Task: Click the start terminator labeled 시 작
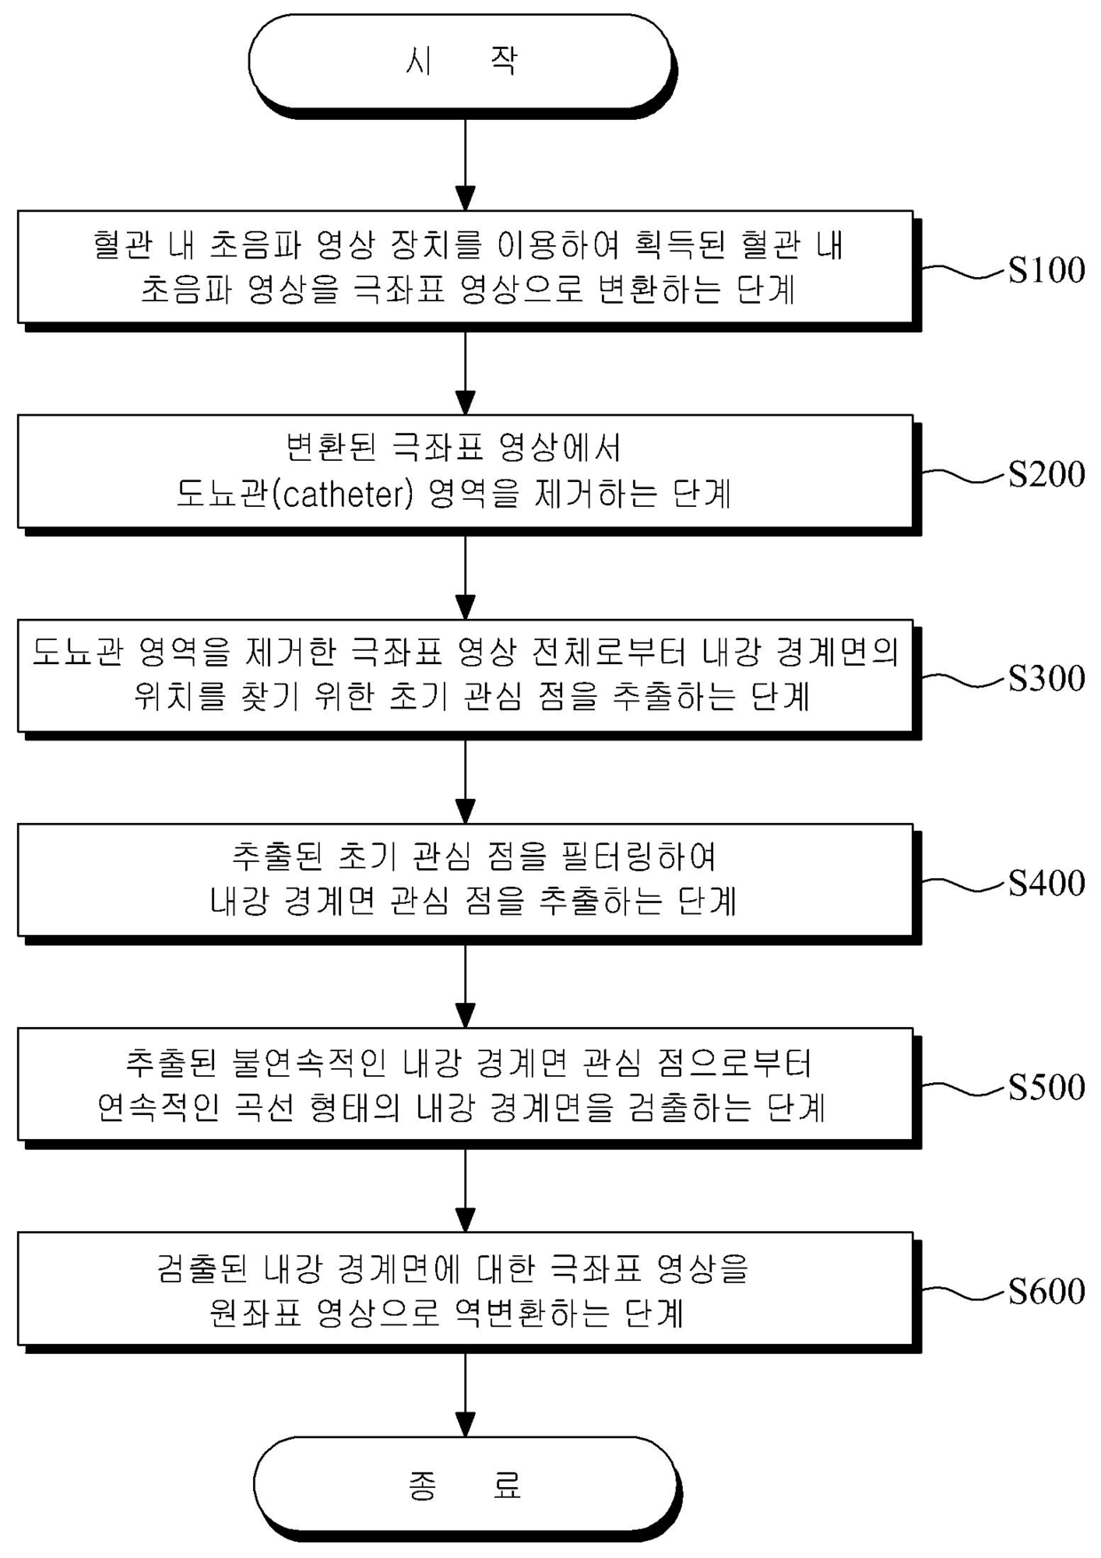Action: pos(460,61)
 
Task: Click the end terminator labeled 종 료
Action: pos(464,1485)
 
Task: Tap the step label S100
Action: pos(1046,270)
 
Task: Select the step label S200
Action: pos(1046,474)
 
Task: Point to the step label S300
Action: pos(1046,678)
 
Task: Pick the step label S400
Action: pos(1046,882)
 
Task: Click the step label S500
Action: pos(1046,1087)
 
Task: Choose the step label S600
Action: pos(1046,1291)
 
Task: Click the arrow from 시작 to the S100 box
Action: pos(465,160)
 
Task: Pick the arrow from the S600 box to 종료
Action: pos(465,1391)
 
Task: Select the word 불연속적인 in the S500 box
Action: pos(309,1063)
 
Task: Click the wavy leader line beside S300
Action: pos(963,679)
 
